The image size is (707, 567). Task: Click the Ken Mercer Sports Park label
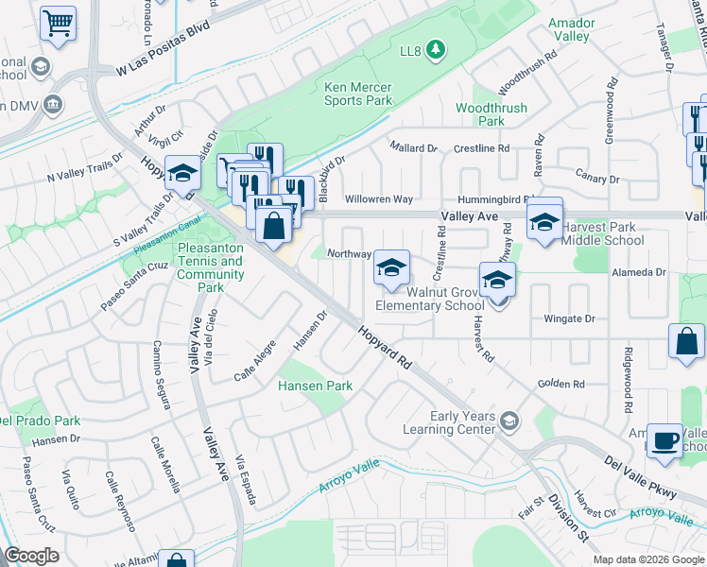[x=358, y=93]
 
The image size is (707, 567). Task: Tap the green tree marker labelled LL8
[x=436, y=48]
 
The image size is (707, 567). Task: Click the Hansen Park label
[x=315, y=386]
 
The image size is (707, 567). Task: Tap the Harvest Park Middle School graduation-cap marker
[x=544, y=220]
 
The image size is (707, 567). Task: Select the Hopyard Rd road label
[x=386, y=347]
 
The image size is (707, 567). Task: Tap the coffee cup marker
[x=664, y=440]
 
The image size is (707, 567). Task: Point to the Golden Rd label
[x=561, y=384]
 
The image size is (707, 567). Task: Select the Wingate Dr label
[x=569, y=318]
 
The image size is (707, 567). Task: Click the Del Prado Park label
[x=38, y=420]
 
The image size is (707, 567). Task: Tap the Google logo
[x=31, y=556]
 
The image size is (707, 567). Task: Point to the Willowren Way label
[x=379, y=199]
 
